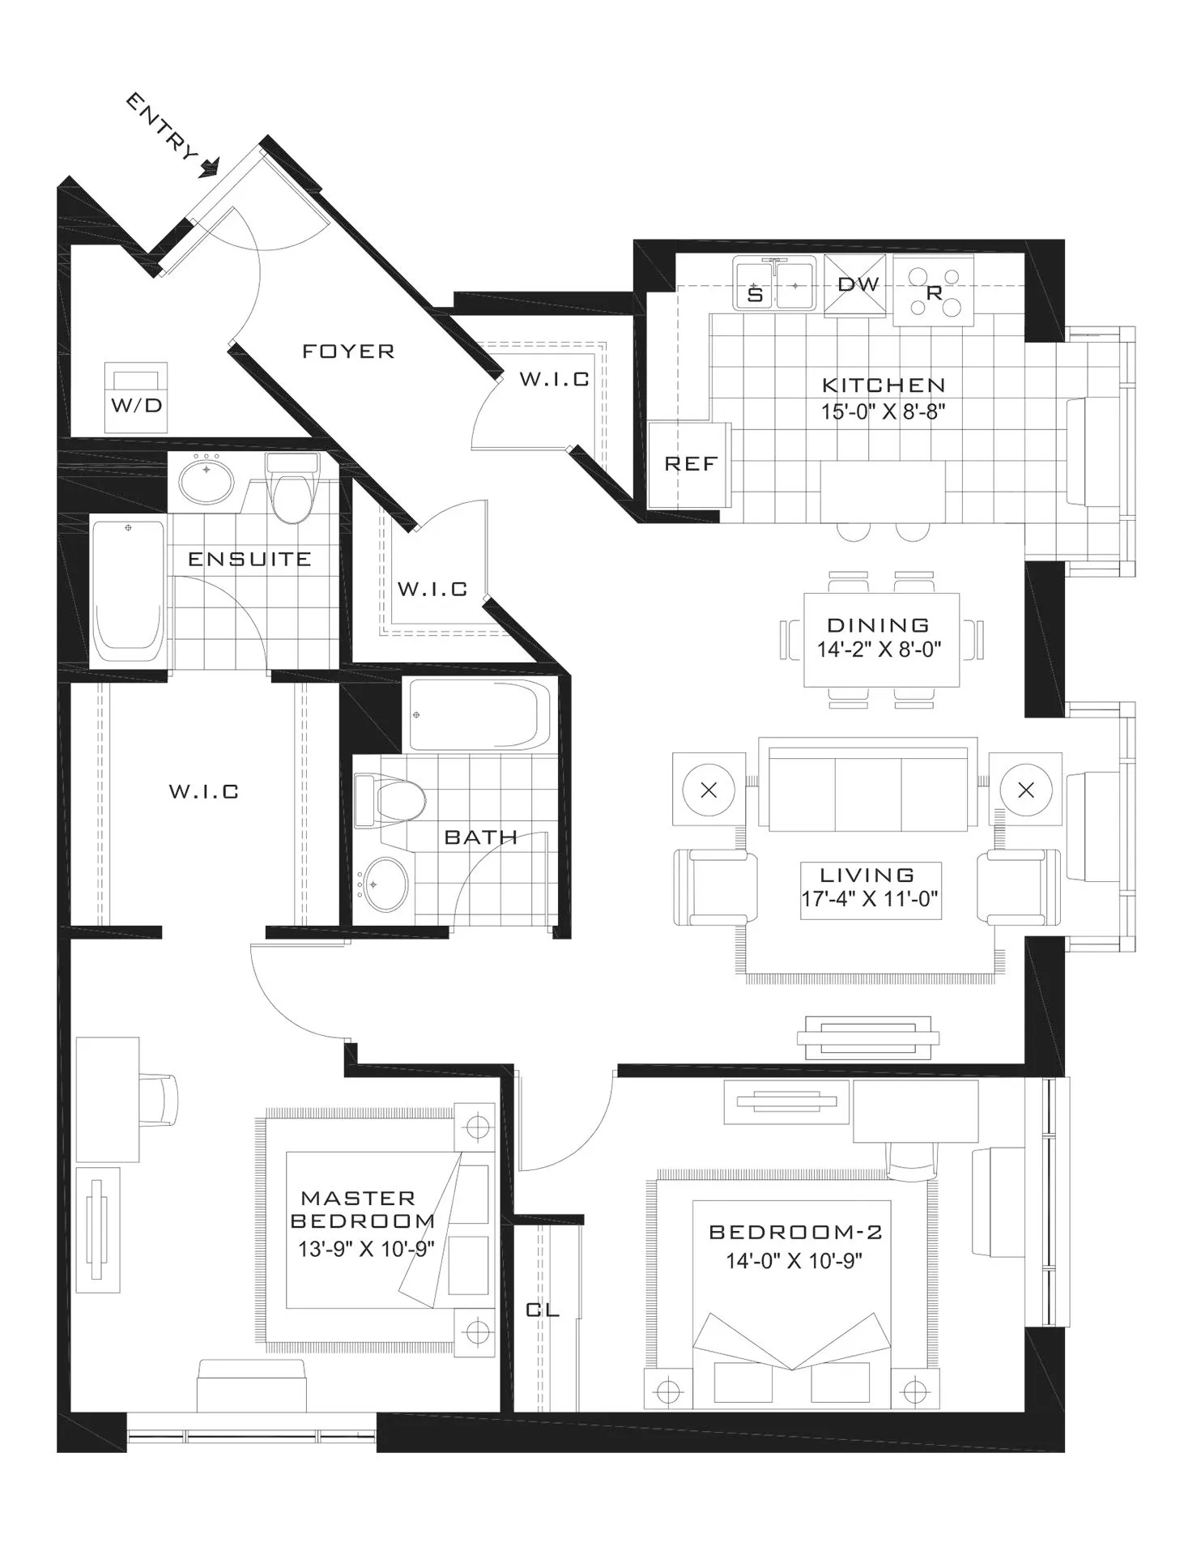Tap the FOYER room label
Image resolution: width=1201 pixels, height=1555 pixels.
point(348,351)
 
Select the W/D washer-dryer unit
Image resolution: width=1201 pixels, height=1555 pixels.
point(137,397)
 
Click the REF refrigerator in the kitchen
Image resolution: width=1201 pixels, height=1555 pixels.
point(690,464)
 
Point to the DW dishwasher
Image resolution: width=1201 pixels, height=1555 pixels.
point(857,284)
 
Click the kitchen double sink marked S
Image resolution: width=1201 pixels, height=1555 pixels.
point(774,283)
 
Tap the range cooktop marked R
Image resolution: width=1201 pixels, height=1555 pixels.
point(933,292)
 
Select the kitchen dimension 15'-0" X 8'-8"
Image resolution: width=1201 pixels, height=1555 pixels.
point(883,412)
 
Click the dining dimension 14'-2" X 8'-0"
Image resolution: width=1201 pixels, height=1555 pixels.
point(879,650)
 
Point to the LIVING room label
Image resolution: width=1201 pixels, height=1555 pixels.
point(867,875)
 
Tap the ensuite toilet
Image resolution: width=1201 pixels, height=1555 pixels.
point(292,490)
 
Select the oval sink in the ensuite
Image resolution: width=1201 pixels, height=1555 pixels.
point(206,480)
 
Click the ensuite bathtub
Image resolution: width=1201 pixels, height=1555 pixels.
point(128,591)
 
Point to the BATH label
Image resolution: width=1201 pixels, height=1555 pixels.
point(481,837)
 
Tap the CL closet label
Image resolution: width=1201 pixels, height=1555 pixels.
point(543,1310)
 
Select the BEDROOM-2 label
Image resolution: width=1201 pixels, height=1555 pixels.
point(795,1232)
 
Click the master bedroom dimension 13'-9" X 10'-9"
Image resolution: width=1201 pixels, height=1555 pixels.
point(366,1249)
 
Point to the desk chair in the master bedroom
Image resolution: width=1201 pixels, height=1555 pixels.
point(162,1099)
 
